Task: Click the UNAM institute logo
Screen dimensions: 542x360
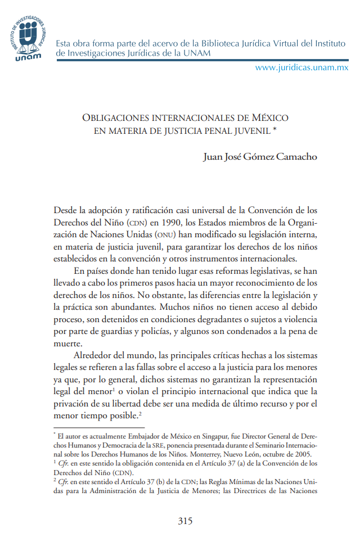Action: [x=28, y=37]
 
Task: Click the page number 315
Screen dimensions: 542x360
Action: [x=185, y=521]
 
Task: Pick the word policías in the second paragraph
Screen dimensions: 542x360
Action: [x=155, y=331]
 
